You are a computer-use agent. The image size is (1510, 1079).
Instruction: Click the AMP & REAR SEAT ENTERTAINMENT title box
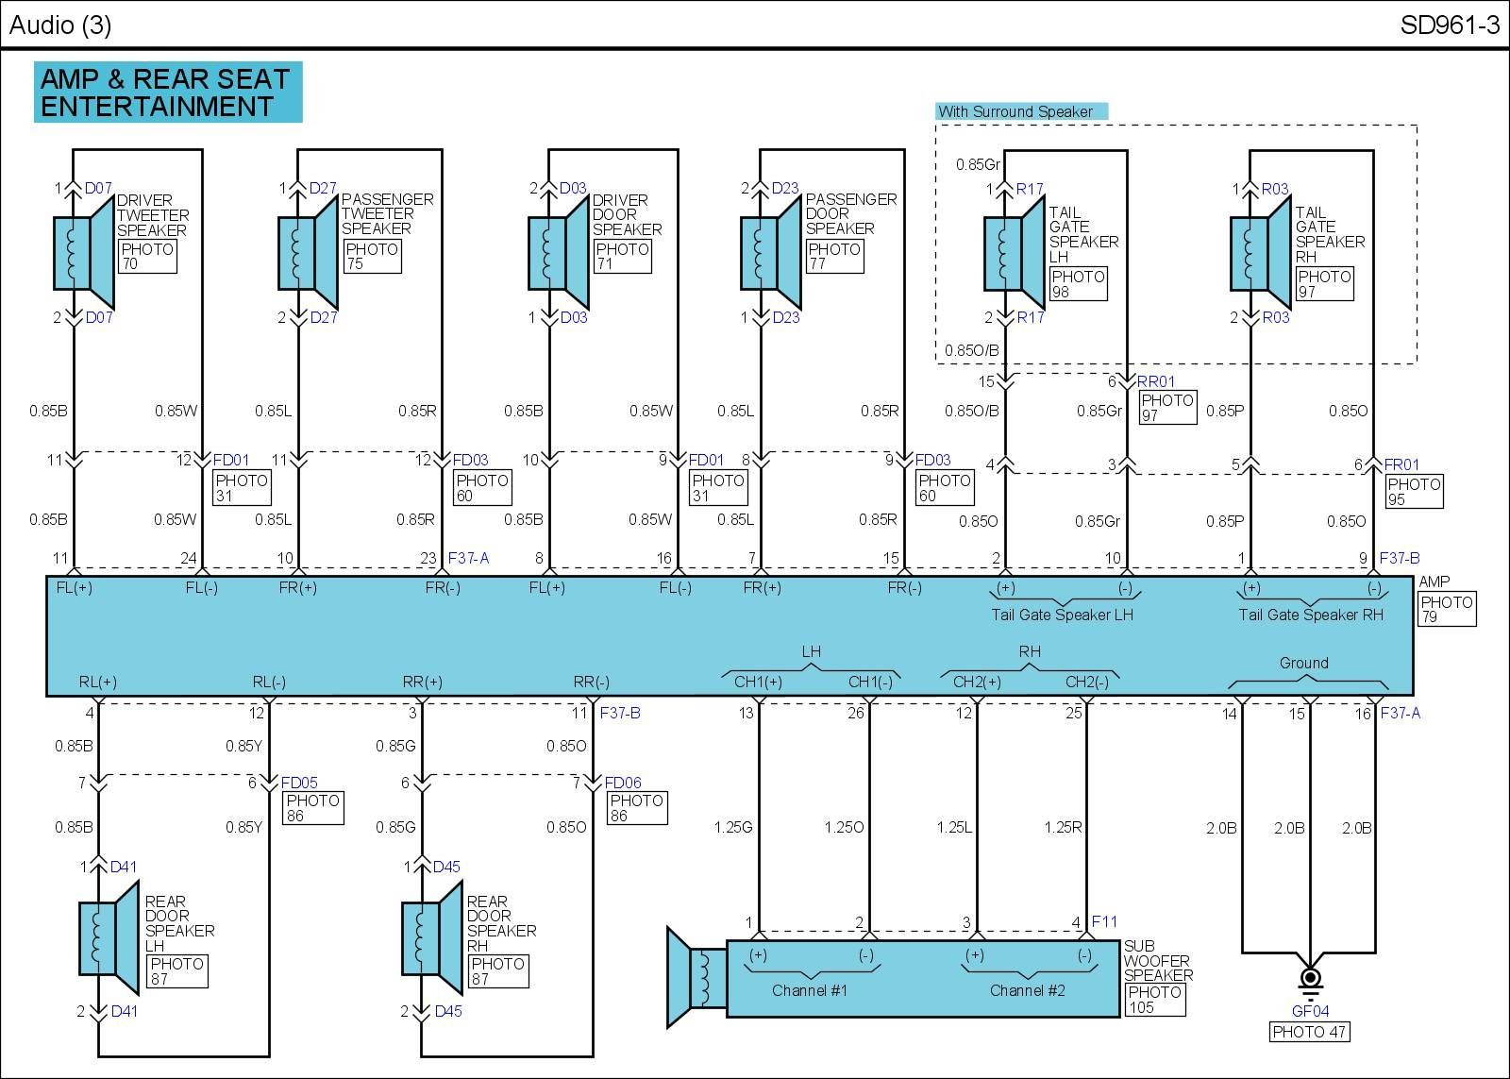168,93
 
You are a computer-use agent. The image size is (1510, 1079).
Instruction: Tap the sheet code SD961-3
1449,25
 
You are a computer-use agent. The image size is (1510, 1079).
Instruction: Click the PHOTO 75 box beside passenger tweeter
372,257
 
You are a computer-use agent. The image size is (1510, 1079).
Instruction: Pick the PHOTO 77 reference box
834,257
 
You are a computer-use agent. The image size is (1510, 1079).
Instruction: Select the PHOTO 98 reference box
1078,284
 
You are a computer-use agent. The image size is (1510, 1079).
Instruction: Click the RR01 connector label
1156,382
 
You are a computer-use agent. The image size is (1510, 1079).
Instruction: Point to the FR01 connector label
1401,465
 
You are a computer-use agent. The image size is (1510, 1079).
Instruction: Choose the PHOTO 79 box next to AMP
1447,609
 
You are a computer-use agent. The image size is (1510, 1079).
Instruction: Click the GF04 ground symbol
1310,979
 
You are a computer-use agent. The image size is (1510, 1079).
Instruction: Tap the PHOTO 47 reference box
1309,1032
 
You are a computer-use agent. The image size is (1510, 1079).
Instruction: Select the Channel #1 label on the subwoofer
810,990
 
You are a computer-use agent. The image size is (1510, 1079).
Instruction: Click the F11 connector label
1104,921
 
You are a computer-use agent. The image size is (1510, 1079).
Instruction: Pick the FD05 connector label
299,783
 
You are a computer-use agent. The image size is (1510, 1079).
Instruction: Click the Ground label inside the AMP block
1303,663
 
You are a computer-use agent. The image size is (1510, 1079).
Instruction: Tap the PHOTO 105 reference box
1154,1000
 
